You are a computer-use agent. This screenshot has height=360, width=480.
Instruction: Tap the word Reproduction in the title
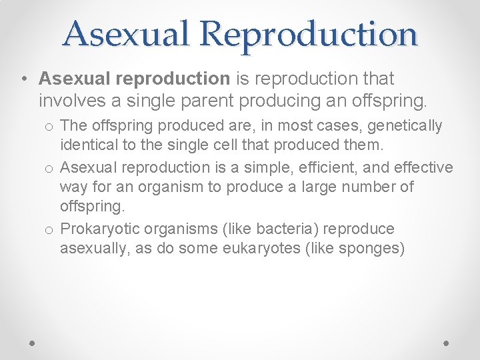308,33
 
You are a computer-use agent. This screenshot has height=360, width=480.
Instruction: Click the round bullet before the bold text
23,79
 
